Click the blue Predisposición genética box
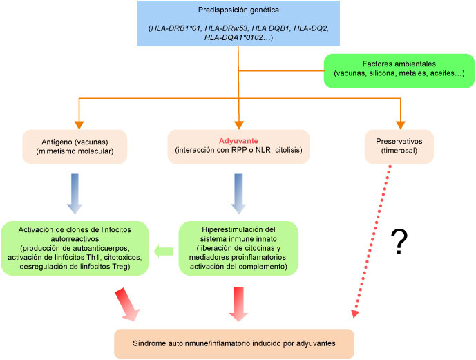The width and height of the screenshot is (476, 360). (237, 23)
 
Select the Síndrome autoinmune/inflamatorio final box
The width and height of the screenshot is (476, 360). (234, 342)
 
